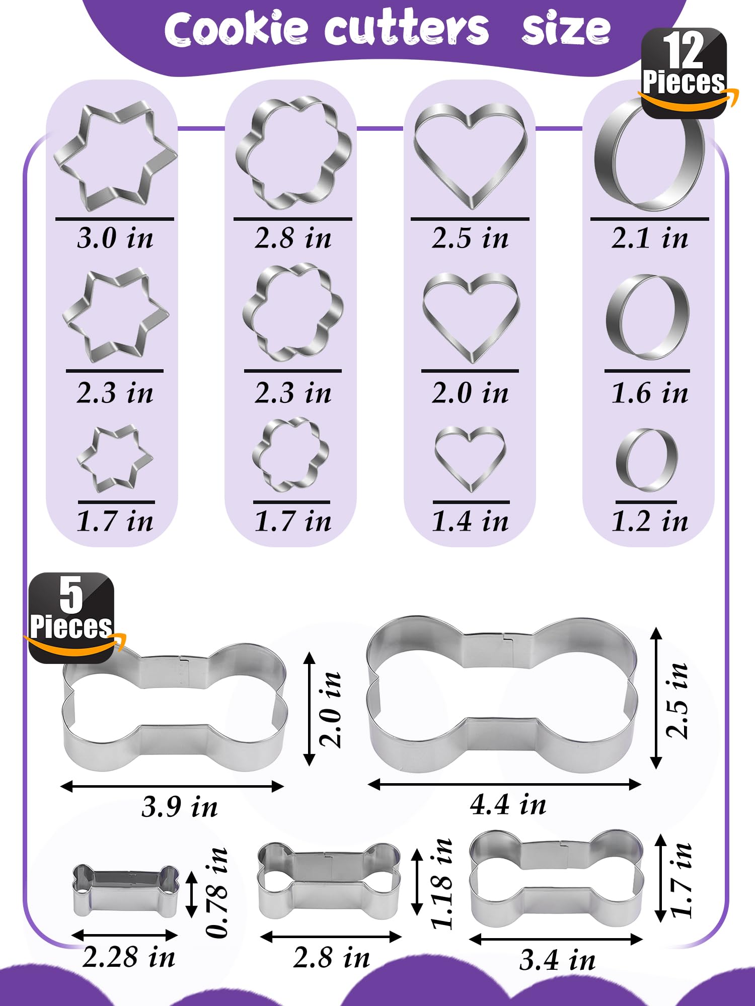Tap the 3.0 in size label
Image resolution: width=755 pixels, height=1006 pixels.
coord(115,238)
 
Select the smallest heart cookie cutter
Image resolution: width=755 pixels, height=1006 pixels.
coord(470,458)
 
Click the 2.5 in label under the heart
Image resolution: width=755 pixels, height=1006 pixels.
coord(470,238)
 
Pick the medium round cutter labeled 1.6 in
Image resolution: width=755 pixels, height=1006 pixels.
coord(647,317)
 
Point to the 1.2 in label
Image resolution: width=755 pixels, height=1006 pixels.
coord(649,521)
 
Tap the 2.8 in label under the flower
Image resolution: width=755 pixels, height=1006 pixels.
coord(293,238)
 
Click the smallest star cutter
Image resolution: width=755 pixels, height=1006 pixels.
coord(115,458)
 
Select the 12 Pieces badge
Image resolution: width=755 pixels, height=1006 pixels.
coord(684,73)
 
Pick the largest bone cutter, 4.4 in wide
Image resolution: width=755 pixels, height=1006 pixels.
coord(503,694)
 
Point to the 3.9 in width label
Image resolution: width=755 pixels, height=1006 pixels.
coord(179,807)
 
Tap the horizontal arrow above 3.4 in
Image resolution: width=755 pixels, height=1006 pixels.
coord(556,939)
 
